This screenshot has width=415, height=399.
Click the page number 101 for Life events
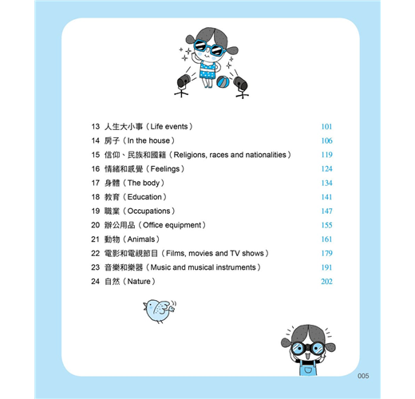(326, 127)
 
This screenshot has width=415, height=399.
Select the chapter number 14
(96, 140)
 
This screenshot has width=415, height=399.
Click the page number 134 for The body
(326, 183)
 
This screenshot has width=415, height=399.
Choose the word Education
(144, 197)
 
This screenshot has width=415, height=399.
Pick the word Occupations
(148, 211)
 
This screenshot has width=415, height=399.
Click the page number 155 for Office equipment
(326, 225)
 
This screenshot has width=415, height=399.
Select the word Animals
(141, 239)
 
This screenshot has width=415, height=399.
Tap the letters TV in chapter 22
(235, 253)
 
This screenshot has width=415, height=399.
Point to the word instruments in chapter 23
(235, 267)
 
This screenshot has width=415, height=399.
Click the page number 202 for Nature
(326, 282)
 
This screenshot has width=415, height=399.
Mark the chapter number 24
(95, 282)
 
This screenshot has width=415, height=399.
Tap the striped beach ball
(223, 82)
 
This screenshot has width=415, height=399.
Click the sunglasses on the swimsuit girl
(209, 48)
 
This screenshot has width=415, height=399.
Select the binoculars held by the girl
(308, 348)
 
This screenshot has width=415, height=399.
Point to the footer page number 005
(363, 376)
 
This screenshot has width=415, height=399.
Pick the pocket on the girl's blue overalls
(308, 370)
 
